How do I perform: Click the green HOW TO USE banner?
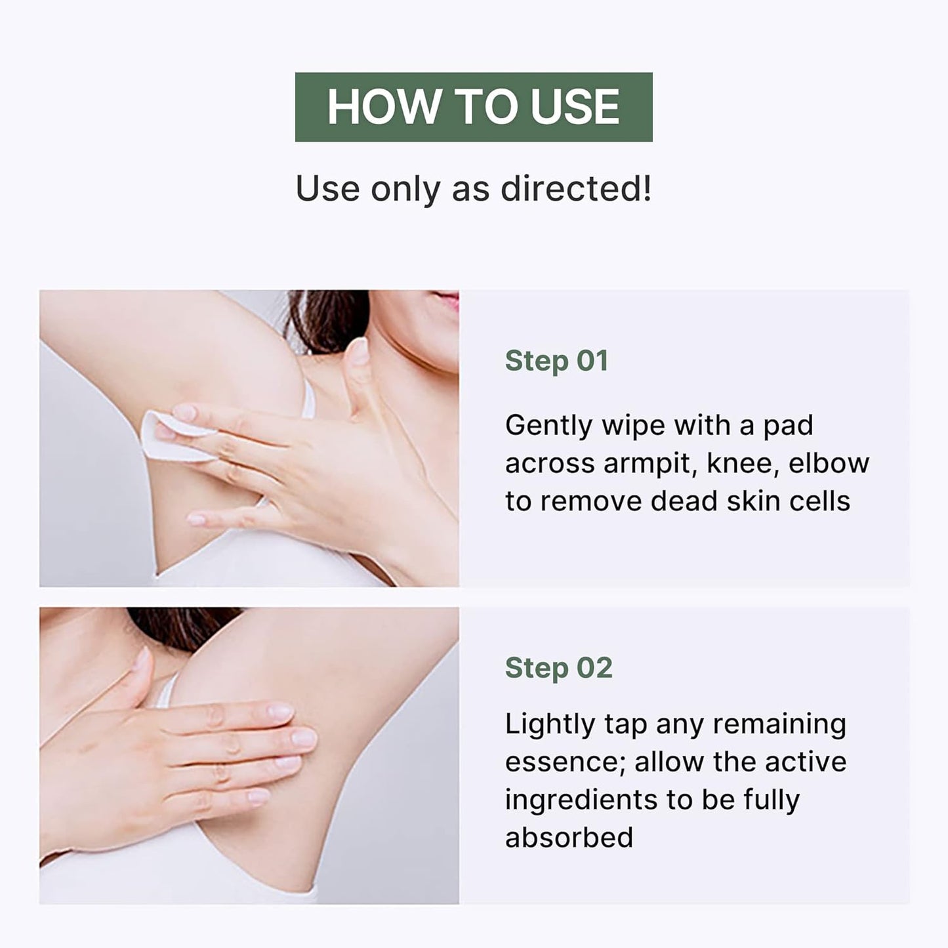coord(474,107)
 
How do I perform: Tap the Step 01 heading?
coord(556,360)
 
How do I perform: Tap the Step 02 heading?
coord(559,668)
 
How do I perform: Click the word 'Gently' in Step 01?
coord(548,426)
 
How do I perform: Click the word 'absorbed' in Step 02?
coord(569,838)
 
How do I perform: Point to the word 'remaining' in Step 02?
coord(779,726)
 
